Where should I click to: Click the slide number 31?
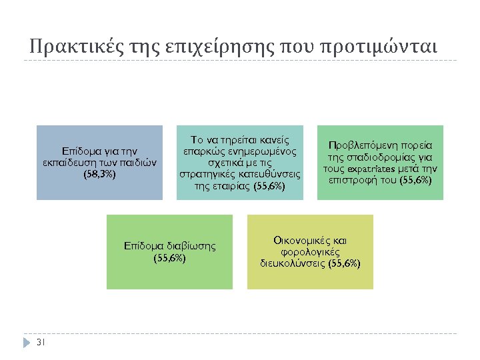point(40,343)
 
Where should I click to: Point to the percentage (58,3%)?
point(99,174)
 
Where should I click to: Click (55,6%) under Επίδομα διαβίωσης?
point(169,257)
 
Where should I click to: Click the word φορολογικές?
point(311,251)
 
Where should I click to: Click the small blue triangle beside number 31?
point(27,343)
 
